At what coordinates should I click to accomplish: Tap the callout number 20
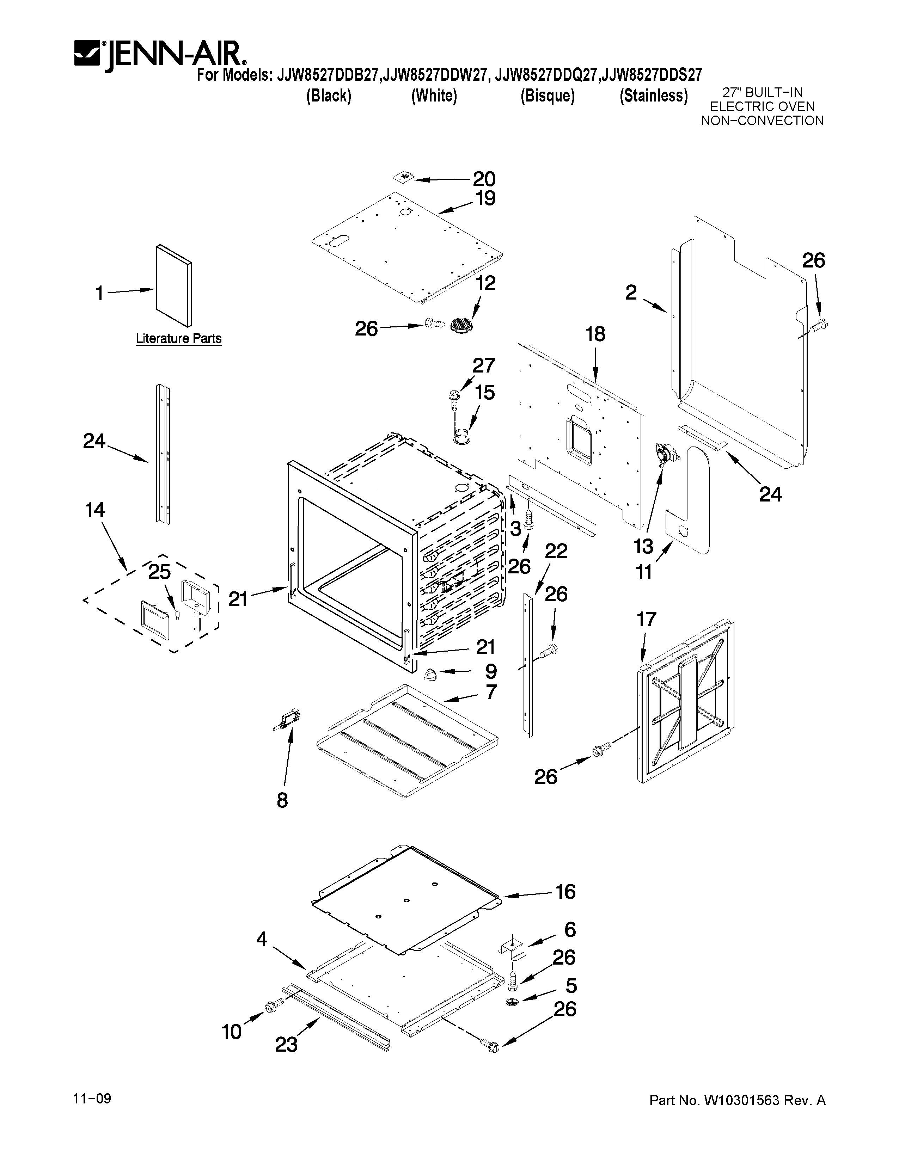click(484, 179)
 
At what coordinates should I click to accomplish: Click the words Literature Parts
click(178, 339)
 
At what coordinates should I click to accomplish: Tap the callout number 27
click(484, 366)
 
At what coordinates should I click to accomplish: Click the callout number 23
click(286, 1045)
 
